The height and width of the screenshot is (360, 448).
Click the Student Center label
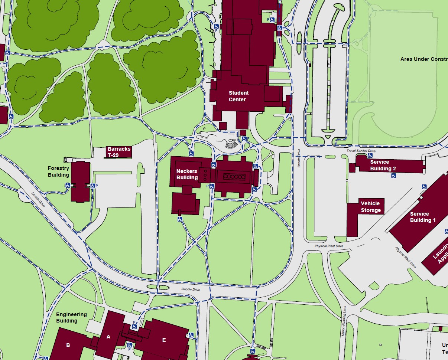[238, 96]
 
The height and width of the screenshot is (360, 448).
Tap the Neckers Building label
[187, 174]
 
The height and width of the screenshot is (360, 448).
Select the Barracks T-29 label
[119, 152]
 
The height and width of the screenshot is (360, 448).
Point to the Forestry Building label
[58, 171]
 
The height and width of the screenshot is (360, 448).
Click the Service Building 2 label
[383, 165]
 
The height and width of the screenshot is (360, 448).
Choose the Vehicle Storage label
[370, 207]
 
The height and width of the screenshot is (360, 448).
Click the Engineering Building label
[71, 317]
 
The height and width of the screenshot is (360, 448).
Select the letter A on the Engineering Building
[108, 337]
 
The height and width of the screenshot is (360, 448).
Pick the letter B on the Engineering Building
[68, 345]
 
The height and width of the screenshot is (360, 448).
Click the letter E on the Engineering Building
[164, 340]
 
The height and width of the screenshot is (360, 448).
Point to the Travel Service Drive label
[361, 151]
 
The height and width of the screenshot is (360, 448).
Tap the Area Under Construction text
[423, 59]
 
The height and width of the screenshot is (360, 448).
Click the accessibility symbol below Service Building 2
[393, 176]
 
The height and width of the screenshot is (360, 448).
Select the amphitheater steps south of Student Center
[231, 144]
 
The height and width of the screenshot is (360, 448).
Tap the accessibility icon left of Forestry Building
[68, 186]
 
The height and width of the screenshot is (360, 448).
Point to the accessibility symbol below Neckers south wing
[180, 219]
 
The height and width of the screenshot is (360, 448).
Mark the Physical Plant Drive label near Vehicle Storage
[329, 246]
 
